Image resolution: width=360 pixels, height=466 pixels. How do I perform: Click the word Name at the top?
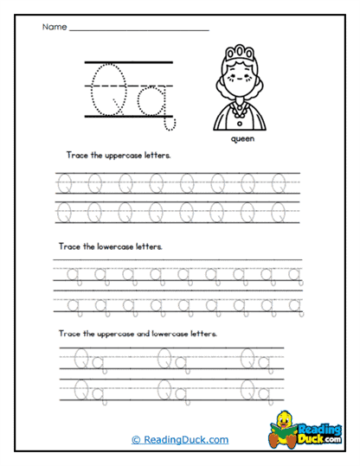54,28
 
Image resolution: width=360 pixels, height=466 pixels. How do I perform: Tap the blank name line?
138,30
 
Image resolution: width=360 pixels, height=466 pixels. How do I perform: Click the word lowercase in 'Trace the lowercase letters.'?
116,246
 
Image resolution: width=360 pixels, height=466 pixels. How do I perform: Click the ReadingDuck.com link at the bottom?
180,439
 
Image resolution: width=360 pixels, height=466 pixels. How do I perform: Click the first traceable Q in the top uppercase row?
64,183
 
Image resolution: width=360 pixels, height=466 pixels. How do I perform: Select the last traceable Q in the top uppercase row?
279,183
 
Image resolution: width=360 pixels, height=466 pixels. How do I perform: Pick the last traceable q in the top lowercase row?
295,276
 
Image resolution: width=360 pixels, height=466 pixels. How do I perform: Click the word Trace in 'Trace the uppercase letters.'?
75,156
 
